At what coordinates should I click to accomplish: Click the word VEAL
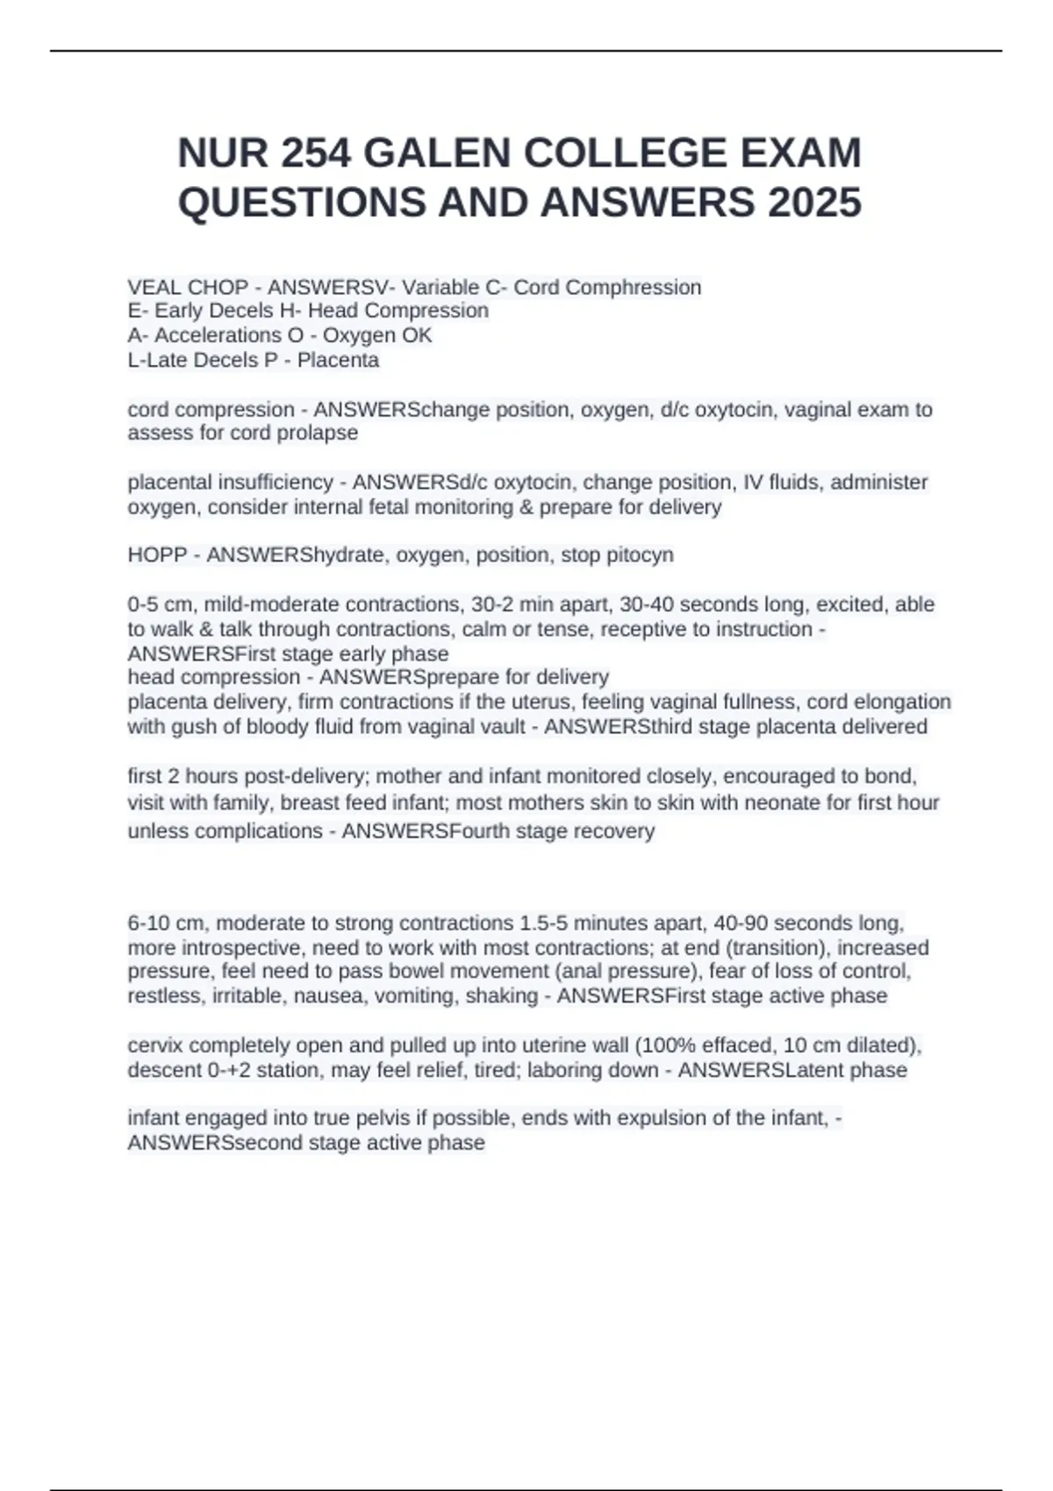(156, 288)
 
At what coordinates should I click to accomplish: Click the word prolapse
(318, 432)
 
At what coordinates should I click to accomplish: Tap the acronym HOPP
(157, 555)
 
